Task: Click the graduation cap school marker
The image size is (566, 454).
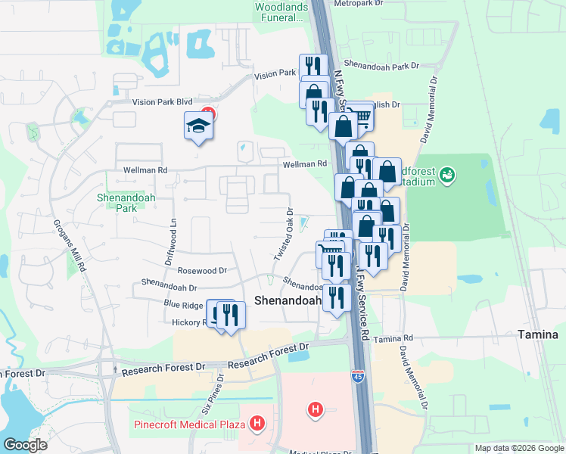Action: click(x=197, y=126)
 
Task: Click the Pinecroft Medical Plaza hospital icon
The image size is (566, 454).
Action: click(x=257, y=424)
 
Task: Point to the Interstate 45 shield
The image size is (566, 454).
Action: click(x=357, y=375)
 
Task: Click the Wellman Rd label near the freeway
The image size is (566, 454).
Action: click(x=305, y=163)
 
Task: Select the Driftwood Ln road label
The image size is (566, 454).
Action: click(x=170, y=241)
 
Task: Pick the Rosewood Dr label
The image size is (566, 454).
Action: click(x=202, y=270)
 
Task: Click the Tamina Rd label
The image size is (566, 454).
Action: click(x=393, y=338)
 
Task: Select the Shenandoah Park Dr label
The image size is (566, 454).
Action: click(x=381, y=66)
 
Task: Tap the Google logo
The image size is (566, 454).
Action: click(x=25, y=445)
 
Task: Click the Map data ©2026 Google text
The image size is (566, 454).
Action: click(x=518, y=448)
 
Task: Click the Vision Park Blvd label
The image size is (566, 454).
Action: click(x=162, y=101)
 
